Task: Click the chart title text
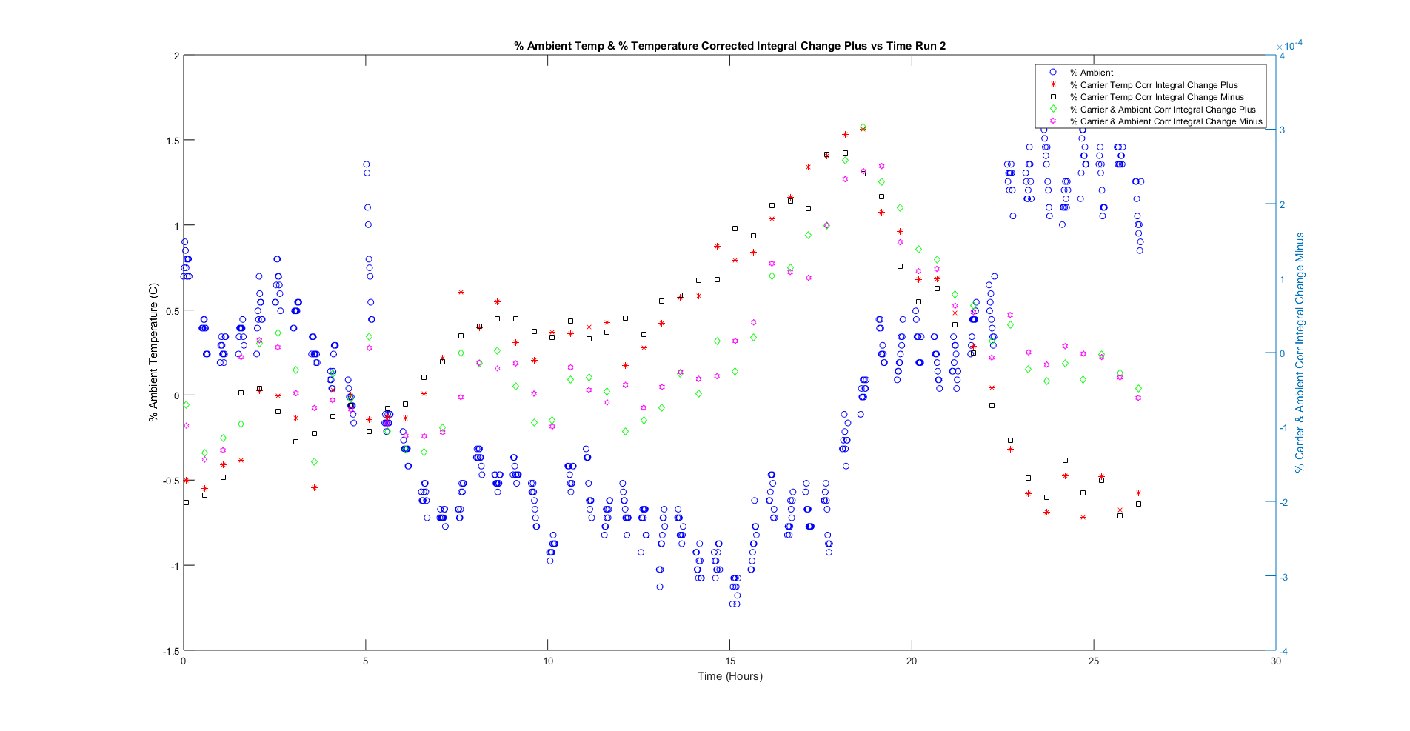729,46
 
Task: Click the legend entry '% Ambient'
1092,73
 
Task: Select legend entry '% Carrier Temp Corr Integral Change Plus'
1154,85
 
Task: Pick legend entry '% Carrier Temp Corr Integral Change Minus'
1157,97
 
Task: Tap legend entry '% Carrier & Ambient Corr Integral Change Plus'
1163,110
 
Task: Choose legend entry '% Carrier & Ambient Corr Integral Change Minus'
1166,121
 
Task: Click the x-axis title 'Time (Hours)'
729,675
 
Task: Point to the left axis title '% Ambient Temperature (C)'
153,353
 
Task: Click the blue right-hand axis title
1300,353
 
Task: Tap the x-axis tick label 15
730,661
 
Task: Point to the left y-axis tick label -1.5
171,651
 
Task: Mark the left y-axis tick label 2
176,56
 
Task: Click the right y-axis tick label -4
1283,652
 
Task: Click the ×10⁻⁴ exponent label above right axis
1289,46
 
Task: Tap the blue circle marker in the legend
1052,73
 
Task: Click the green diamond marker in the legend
1052,110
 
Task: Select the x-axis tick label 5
366,661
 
